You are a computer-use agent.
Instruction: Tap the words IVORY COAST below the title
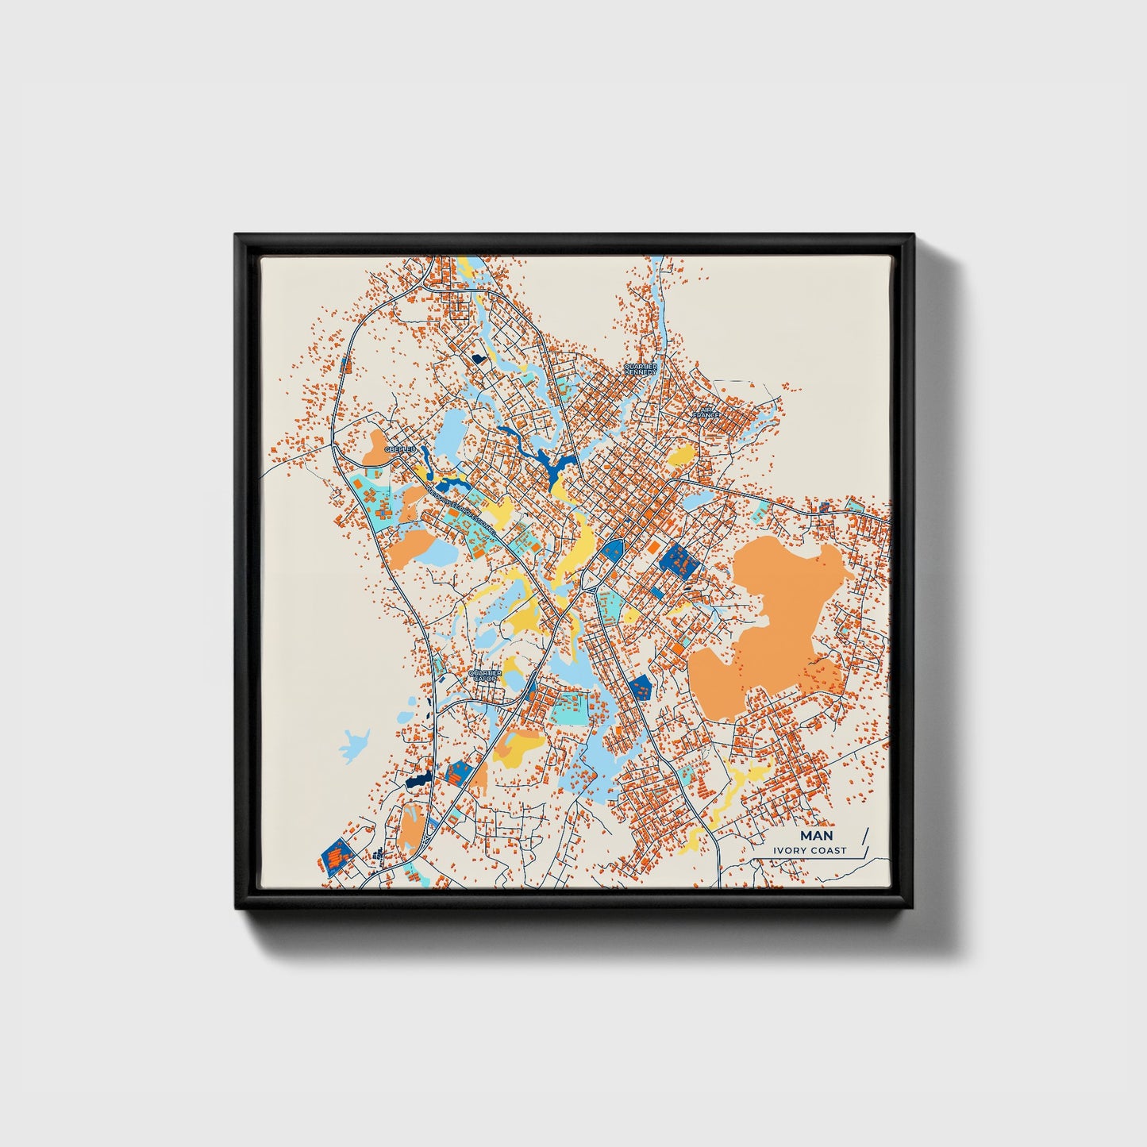[811, 851]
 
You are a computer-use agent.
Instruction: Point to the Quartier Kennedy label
[640, 369]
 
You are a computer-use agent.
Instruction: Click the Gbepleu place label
[400, 450]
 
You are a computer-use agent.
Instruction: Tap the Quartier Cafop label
[484, 675]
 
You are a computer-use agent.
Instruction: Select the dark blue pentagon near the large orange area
[639, 686]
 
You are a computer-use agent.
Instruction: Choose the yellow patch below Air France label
[681, 456]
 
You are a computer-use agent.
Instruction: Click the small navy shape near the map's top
[478, 359]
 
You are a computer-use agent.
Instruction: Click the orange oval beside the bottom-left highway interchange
[411, 827]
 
